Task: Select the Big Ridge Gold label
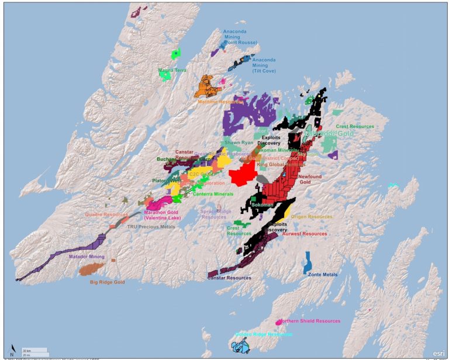coord(108,282)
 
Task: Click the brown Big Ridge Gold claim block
coord(92,269)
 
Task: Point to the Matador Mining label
coord(87,257)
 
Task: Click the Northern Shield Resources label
coord(309,321)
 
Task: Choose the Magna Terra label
coord(172,70)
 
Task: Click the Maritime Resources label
coord(220,102)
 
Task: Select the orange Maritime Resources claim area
coord(208,85)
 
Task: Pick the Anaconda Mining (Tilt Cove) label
coord(264,65)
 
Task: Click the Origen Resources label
coord(307,216)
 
